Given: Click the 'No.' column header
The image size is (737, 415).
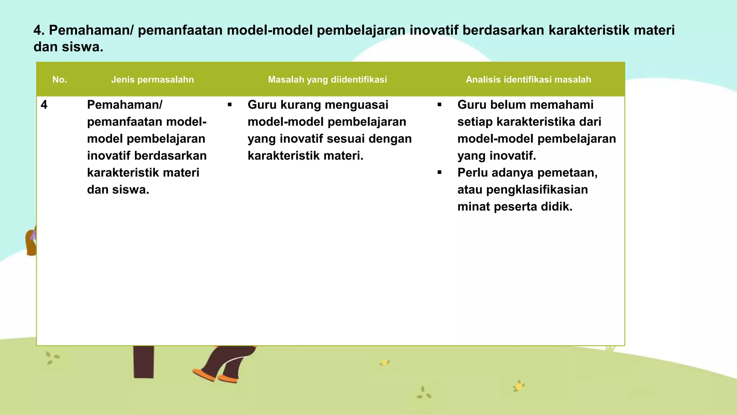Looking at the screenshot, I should [x=60, y=80].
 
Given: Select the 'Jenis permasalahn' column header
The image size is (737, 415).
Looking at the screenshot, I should [x=152, y=80].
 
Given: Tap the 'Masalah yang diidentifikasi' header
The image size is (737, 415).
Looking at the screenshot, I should [x=327, y=80].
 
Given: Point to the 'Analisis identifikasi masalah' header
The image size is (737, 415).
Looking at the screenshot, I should [x=528, y=80].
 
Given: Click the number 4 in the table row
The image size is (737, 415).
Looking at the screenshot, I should [x=44, y=105].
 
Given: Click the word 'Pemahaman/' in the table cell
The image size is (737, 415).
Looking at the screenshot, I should [x=125, y=105].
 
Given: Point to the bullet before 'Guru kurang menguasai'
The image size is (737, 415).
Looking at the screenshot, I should [x=230, y=105].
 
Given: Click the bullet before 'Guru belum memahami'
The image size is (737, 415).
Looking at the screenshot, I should [x=439, y=105].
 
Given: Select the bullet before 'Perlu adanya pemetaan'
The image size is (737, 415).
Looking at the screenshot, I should [x=439, y=173].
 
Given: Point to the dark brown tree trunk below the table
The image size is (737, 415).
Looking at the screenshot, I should [x=144, y=362].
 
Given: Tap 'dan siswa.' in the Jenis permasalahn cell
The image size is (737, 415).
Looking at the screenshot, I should [x=118, y=190].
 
